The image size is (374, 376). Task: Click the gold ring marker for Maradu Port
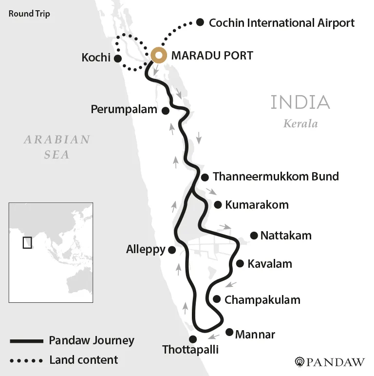158,56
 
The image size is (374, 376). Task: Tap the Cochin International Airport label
281,22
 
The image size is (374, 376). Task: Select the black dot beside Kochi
117,58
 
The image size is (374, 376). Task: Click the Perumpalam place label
124,110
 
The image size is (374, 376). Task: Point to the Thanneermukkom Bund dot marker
205,177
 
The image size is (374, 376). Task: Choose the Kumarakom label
257,205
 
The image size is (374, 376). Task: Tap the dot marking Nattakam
254,236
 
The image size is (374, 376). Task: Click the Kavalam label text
270,264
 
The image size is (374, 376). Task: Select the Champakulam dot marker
217,299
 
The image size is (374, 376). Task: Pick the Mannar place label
255,335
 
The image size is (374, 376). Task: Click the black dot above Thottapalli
193,339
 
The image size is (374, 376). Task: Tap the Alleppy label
146,250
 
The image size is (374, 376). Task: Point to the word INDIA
300,102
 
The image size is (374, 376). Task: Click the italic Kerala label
300,123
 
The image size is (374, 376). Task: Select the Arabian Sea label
57,147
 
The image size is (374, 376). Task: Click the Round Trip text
29,13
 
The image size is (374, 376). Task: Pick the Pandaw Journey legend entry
92,340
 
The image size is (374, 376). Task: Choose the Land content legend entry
83,360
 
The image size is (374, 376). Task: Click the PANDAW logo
330,362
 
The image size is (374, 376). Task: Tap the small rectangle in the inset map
27,242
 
